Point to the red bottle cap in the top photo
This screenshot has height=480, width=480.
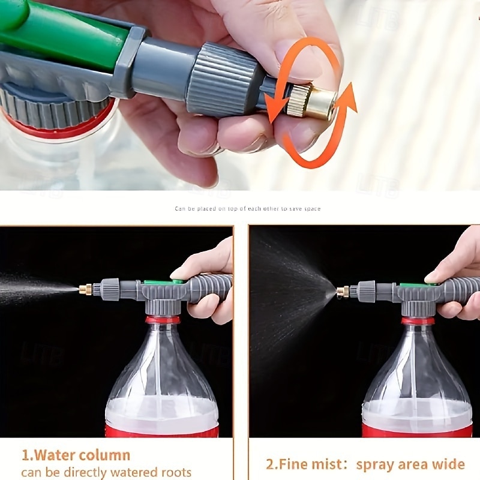[60, 123]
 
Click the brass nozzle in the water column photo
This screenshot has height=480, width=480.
[85, 289]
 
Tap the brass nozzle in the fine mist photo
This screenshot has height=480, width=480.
[343, 292]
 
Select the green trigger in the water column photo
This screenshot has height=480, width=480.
[158, 281]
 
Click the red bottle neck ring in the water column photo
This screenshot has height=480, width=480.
[163, 319]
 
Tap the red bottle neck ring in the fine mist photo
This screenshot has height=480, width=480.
[418, 321]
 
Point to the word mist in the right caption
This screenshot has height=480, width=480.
[326, 464]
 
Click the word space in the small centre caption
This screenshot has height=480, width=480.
[313, 209]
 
